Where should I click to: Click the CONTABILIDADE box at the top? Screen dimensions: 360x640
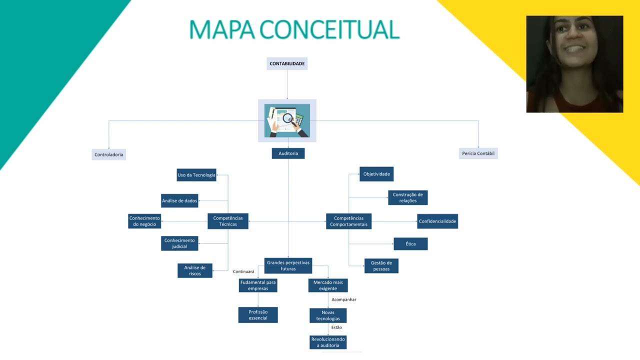tap(287, 63)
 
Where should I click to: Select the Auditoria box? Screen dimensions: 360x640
tap(288, 153)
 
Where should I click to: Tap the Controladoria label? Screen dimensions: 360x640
tap(109, 154)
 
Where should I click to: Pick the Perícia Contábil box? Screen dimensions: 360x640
tap(478, 153)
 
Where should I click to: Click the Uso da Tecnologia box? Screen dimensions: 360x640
tap(196, 175)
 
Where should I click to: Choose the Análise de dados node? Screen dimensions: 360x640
tap(179, 201)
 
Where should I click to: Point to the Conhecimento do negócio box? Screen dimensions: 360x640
tap(144, 221)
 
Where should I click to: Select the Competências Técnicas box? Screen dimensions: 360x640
tap(228, 221)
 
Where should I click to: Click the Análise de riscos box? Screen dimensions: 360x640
tap(195, 270)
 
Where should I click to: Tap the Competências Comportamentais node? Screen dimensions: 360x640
tap(348, 221)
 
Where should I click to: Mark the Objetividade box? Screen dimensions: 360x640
tap(376, 174)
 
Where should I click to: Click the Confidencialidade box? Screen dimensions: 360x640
tap(437, 221)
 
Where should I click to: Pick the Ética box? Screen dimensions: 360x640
tap(410, 244)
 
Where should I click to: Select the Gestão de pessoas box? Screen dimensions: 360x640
tap(381, 266)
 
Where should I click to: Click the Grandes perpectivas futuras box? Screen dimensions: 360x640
tap(288, 265)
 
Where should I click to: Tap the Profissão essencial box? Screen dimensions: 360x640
tap(258, 315)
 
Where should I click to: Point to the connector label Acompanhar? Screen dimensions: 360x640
tap(344, 299)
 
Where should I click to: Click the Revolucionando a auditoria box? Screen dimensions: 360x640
tap(328, 342)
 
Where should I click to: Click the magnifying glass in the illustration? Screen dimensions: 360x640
tap(288, 118)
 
